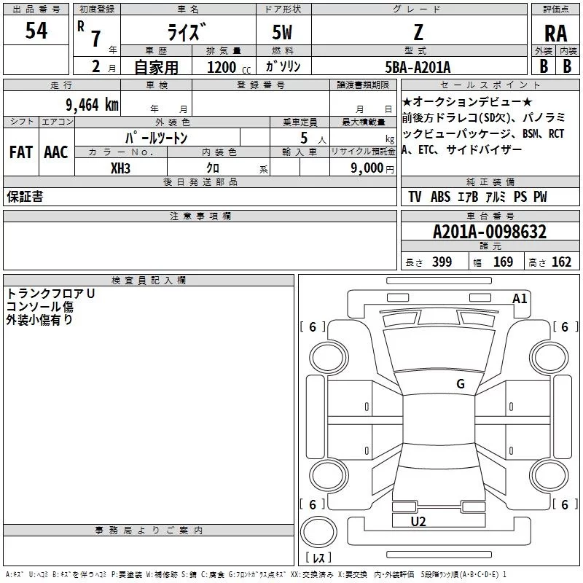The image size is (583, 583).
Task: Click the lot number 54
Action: coord(36,31)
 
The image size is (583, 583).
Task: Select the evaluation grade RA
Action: coord(555,34)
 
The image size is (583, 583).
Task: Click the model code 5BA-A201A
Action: coord(418,67)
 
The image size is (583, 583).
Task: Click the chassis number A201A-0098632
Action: coord(489,232)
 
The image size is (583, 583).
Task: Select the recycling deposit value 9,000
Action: coord(366,168)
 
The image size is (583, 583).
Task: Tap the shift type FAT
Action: coord(21,152)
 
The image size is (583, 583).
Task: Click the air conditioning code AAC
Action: coord(56,152)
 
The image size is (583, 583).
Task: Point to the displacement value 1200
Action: coord(222,68)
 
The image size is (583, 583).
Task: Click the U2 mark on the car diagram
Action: coord(418,521)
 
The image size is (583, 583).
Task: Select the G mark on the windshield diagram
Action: coord(460,384)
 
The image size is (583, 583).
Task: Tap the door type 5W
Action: coord(283,32)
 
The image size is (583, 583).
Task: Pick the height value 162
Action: coord(561,262)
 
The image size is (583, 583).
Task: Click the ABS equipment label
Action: coord(440,197)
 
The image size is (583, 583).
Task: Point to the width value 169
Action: coord(503,262)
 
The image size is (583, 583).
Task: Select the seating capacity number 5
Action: coord(303,138)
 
